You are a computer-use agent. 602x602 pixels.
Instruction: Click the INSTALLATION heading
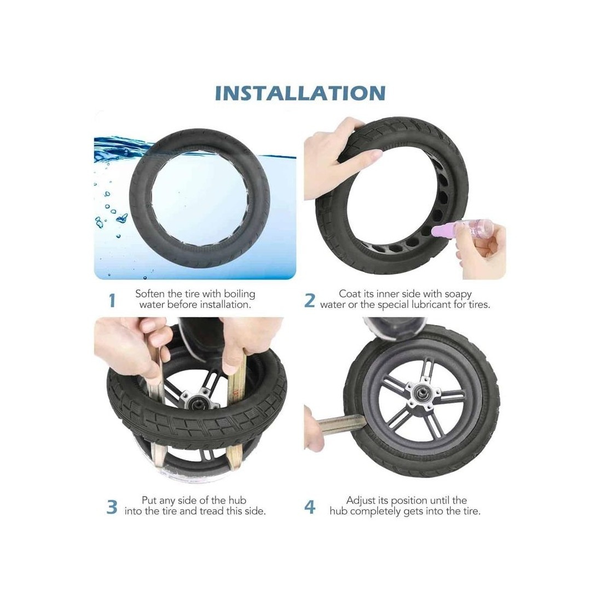(300, 93)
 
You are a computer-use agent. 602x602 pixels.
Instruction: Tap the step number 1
(112, 300)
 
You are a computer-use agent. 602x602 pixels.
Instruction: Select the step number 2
(309, 300)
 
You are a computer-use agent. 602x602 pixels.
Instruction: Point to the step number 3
(112, 507)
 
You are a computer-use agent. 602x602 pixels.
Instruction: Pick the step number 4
(310, 507)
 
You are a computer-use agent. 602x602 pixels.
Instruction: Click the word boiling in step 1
(240, 294)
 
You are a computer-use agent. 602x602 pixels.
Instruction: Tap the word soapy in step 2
(458, 294)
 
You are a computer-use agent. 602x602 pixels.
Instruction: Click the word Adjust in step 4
(363, 501)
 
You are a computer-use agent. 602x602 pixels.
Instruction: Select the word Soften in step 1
(150, 294)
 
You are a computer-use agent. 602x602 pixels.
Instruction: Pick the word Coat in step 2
(350, 294)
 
